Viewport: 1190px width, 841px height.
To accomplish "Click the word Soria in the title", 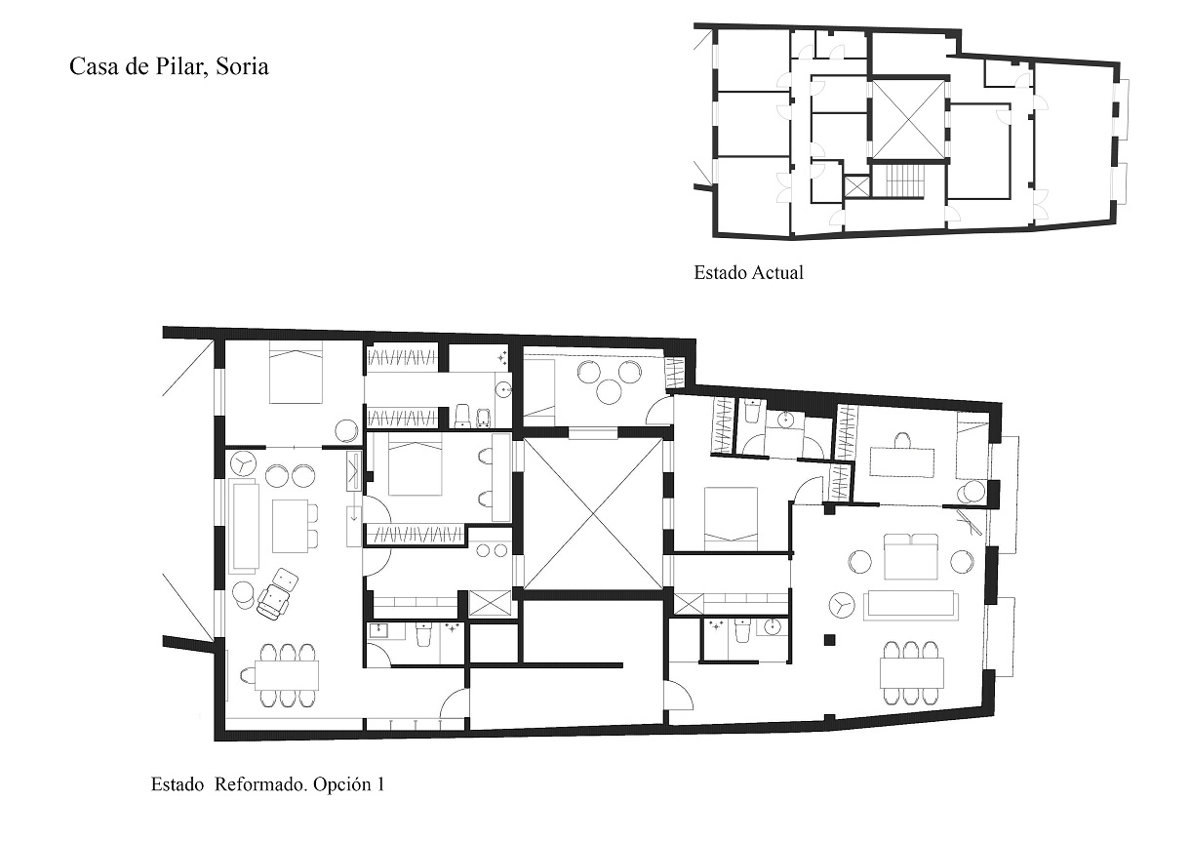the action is [x=242, y=67].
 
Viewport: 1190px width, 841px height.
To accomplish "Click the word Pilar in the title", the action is [x=180, y=67].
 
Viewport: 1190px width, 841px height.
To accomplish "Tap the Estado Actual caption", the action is [x=748, y=272].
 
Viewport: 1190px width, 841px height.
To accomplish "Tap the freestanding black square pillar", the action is [x=830, y=640].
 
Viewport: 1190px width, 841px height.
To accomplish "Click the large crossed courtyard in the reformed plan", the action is [x=593, y=513].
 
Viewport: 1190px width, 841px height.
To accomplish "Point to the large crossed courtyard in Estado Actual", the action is [x=909, y=120].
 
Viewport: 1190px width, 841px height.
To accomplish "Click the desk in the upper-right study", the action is [x=901, y=462].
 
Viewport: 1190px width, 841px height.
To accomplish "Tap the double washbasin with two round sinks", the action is [x=492, y=550].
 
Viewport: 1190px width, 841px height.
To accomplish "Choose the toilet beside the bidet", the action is [x=462, y=416].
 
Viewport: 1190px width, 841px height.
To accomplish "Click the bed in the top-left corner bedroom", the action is [x=296, y=372].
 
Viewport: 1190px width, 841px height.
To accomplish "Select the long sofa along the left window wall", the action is [x=245, y=525].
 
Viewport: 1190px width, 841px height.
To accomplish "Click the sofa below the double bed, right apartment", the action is [x=911, y=605].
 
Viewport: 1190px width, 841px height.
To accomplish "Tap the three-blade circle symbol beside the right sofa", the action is [x=842, y=605].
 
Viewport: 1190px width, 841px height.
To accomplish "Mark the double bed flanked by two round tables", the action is [x=911, y=556].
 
